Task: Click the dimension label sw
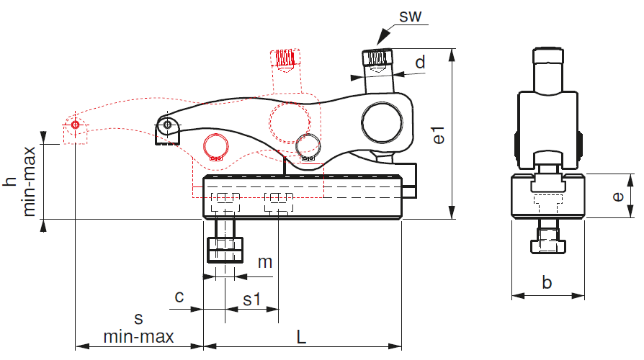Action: pos(411,17)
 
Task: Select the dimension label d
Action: pos(420,63)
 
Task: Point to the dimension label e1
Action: pos(439,135)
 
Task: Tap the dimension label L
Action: pos(301,337)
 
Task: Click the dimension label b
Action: pos(547,282)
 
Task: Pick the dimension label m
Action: pos(265,262)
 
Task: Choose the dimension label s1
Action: pos(252,300)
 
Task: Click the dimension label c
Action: pos(179,297)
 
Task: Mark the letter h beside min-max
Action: pos(9,181)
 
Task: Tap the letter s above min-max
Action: pos(139,318)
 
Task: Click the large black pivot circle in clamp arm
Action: pos(382,122)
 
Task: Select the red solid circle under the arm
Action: pos(216,147)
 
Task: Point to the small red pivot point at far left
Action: pos(75,125)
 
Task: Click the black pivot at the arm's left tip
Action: pos(168,125)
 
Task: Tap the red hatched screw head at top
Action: pos(285,58)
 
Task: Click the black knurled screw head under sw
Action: pos(377,58)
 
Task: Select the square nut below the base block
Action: pos(225,250)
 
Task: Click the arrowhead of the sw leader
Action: pos(383,36)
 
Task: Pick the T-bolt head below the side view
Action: pos(548,246)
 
